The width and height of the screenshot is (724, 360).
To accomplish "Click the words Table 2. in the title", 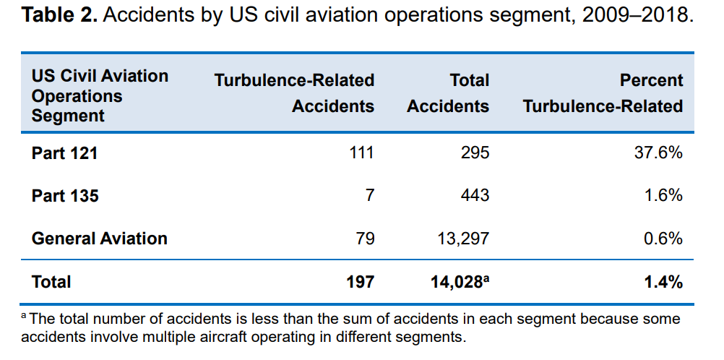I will pyautogui.click(x=59, y=15).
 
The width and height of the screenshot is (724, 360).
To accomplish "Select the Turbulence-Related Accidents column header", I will pyautogui.click(x=294, y=93).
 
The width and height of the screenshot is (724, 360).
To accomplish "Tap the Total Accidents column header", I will pyautogui.click(x=448, y=93).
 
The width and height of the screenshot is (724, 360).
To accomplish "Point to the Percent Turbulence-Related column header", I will pyautogui.click(x=603, y=93).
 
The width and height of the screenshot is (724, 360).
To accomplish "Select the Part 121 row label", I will pyautogui.click(x=64, y=153).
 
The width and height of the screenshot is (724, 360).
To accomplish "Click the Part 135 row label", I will pyautogui.click(x=65, y=196).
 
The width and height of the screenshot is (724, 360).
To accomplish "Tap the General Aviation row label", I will pyautogui.click(x=99, y=239).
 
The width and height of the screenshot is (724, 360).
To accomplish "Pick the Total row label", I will pyautogui.click(x=51, y=282).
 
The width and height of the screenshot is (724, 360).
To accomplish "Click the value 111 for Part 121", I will pyautogui.click(x=361, y=153).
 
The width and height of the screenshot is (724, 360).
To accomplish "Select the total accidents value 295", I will pyautogui.click(x=475, y=153).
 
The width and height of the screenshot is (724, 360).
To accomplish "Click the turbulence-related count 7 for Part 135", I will pyautogui.click(x=369, y=196).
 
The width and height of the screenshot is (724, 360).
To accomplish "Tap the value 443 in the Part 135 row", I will pyautogui.click(x=475, y=196).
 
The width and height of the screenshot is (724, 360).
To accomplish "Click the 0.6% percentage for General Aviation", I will pyautogui.click(x=663, y=239).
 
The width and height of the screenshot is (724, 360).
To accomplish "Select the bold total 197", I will pyautogui.click(x=360, y=282).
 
